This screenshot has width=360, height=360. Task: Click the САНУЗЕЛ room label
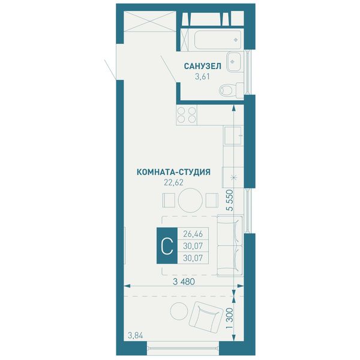coord(203,66)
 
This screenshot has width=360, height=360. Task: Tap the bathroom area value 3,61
coord(202,76)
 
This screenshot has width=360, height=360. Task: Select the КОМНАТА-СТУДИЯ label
coord(173,172)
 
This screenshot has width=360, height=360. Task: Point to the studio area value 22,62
coord(173,182)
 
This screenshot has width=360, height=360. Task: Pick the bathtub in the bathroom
coord(218,40)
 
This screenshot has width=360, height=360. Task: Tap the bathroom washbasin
coord(234,61)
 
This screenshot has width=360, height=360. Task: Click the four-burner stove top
coord(187,115)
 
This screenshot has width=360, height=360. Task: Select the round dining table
coord(190,200)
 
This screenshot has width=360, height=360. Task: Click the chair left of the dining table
coord(169,200)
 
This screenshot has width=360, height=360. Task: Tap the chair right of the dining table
coord(212,200)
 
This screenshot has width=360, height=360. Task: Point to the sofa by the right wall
coord(230,245)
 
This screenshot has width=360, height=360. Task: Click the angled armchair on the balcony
coord(206,316)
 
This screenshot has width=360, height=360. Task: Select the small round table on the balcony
coord(179,311)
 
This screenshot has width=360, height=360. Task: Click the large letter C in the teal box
coord(167,245)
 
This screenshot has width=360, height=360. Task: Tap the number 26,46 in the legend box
coord(193,234)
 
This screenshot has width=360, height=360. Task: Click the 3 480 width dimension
coord(184,281)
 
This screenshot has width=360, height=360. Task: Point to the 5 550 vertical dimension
coord(229,200)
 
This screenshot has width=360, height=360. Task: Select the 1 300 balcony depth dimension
coord(229,318)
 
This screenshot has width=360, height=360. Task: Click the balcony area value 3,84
coord(136,336)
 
